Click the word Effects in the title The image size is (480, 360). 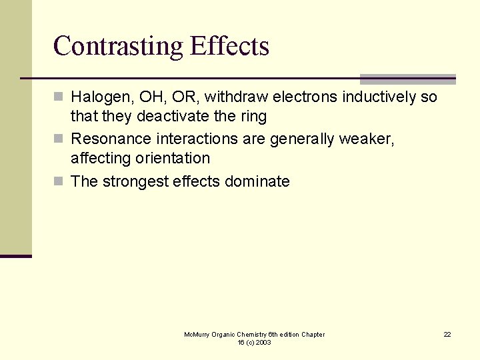(229, 46)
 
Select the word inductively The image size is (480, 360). (380, 97)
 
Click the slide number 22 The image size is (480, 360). (447, 334)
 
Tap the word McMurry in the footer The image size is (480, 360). (197, 334)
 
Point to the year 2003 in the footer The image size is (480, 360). (263, 342)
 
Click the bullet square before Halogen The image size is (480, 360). (59, 97)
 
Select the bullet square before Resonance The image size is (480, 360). (59, 139)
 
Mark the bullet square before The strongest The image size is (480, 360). (59, 181)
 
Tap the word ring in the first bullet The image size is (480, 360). (253, 117)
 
